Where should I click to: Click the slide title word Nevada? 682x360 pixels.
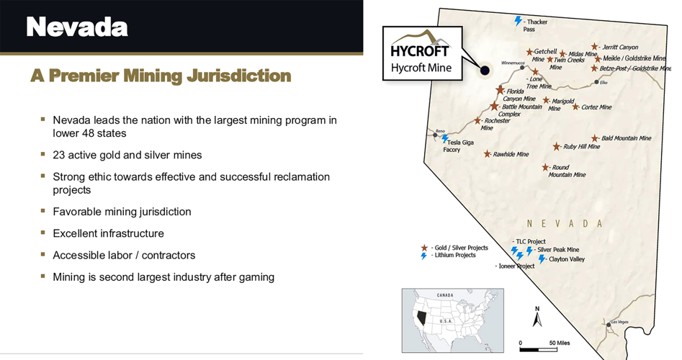click(x=77, y=27)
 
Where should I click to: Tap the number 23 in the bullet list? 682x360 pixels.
click(x=59, y=155)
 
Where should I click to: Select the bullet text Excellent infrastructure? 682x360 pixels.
click(x=108, y=233)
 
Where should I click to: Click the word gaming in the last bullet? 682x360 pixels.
click(x=258, y=276)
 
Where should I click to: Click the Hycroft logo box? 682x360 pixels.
click(x=421, y=53)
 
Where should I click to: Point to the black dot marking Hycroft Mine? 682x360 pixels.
click(x=485, y=70)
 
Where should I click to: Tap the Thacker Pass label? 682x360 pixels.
click(x=536, y=25)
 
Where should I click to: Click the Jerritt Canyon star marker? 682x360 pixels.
click(x=594, y=46)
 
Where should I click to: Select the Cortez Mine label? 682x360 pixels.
click(x=596, y=107)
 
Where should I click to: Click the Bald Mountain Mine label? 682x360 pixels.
click(x=626, y=138)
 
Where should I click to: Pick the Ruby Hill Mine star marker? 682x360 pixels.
click(x=556, y=146)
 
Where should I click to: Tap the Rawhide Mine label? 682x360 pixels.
click(x=511, y=154)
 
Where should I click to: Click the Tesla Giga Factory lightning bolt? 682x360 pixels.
click(x=444, y=138)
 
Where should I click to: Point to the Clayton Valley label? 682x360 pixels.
click(x=567, y=259)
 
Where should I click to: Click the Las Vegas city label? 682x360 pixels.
click(x=619, y=321)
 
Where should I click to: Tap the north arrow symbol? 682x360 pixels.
click(x=537, y=318)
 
